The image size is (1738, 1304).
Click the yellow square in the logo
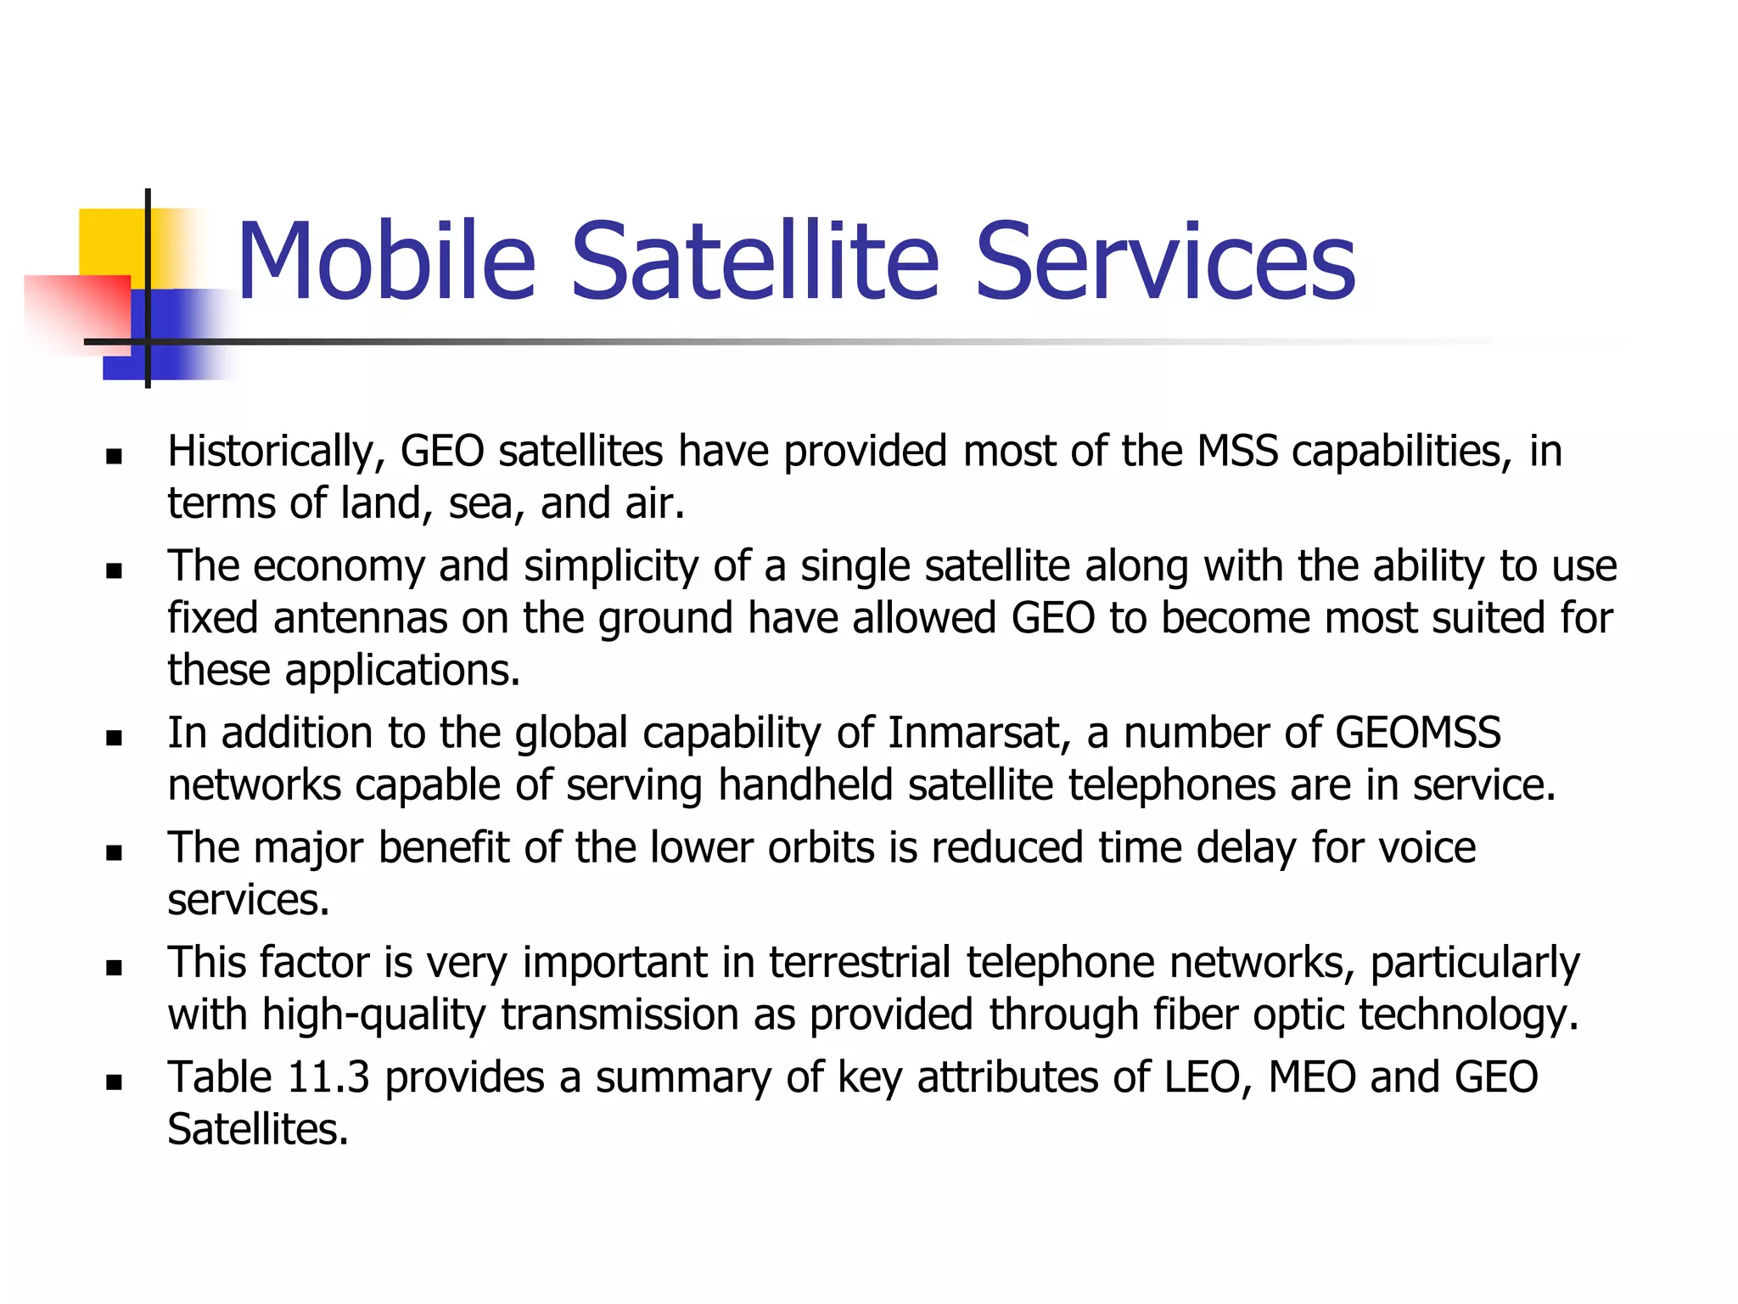point(110,242)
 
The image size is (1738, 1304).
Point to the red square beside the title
point(76,310)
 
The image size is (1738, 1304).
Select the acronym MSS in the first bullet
point(1236,452)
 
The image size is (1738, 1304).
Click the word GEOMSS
point(1418,733)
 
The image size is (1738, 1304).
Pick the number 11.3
point(328,1077)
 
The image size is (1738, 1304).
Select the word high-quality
point(374,1015)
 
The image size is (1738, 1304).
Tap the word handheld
point(805,785)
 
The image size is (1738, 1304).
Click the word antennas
point(360,618)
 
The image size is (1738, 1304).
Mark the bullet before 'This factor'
point(115,967)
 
